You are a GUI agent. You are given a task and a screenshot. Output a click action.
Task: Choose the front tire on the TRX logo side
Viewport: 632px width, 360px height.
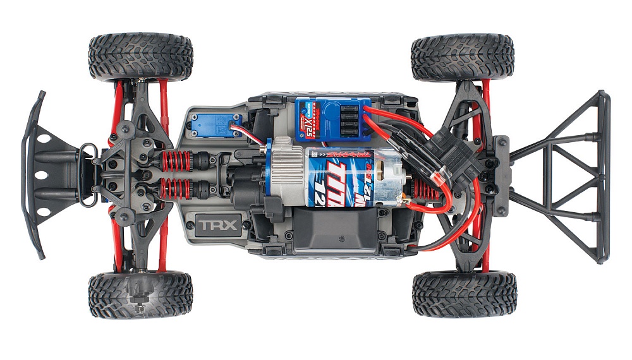coord(140,294)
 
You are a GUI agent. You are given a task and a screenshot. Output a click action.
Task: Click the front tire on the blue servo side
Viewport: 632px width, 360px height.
coord(140,57)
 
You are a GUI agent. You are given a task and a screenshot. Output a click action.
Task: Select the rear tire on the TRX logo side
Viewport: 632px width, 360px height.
coord(464,294)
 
